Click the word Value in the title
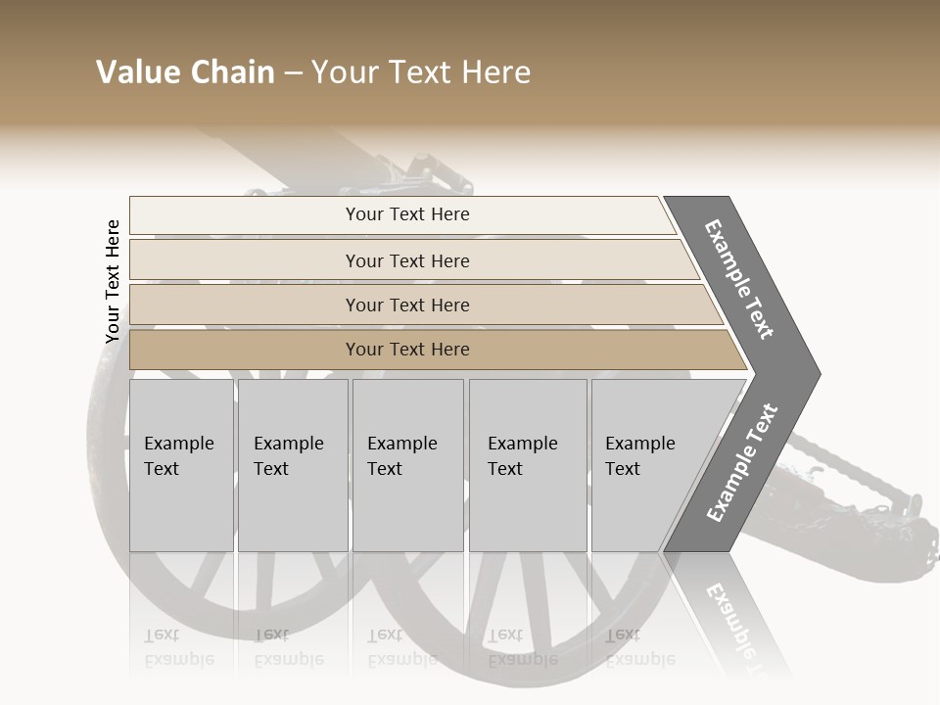coord(135,72)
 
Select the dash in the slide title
coord(293,73)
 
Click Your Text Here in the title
coord(421,72)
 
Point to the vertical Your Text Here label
coord(113,282)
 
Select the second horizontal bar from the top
coord(406,260)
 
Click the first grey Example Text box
coord(181,465)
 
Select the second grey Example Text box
coord(292,465)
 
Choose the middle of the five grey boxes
coord(407,465)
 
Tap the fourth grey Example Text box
coord(527,465)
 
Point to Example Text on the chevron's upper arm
coord(739,279)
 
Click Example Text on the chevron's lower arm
coord(741,463)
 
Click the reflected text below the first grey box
coord(178,647)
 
